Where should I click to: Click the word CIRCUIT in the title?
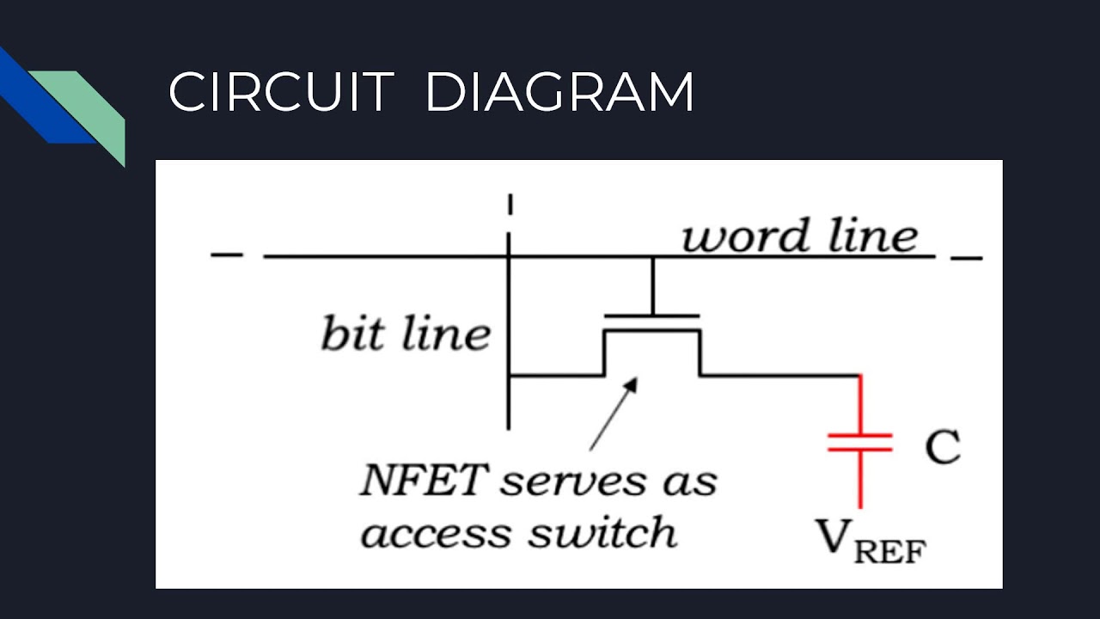click(281, 92)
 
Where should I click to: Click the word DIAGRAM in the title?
click(559, 92)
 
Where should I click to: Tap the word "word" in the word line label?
click(745, 236)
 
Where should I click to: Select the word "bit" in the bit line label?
click(352, 333)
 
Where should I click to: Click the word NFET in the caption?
click(425, 479)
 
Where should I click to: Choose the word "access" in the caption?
click(436, 534)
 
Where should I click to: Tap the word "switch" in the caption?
click(603, 530)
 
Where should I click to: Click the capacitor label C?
click(943, 446)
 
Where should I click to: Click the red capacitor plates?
click(860, 442)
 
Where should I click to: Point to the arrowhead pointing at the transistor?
click(632, 384)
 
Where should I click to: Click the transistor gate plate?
click(652, 316)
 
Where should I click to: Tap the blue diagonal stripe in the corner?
click(46, 95)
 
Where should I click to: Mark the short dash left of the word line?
click(227, 254)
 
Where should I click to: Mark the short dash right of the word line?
click(967, 257)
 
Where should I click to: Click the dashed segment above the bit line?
click(510, 205)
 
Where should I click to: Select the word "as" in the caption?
click(690, 482)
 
